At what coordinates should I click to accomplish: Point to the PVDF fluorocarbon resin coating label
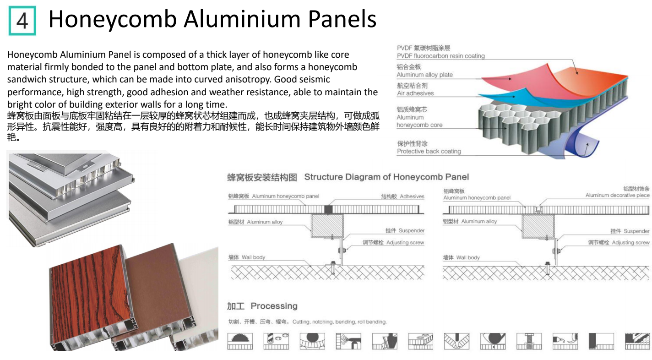click(x=440, y=56)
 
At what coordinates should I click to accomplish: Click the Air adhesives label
click(x=415, y=93)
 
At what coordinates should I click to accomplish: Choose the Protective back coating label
click(x=429, y=151)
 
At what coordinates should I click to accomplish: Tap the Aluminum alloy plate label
click(x=424, y=75)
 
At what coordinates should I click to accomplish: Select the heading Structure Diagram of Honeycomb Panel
click(x=386, y=177)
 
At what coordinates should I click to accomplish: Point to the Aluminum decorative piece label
click(x=617, y=195)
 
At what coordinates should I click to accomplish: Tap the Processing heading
click(x=274, y=306)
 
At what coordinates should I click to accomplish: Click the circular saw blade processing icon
click(x=240, y=341)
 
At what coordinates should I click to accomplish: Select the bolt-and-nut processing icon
click(x=529, y=341)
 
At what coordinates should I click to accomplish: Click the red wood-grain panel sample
click(x=87, y=298)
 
